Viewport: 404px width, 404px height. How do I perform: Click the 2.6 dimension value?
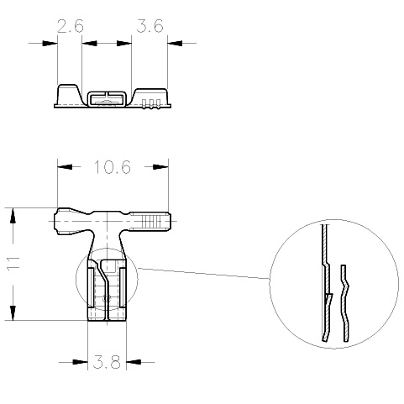click(71, 26)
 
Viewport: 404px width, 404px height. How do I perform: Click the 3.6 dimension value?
click(150, 26)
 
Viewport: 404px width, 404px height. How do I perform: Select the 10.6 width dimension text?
click(113, 167)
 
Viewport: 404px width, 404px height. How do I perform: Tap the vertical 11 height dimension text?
click(13, 263)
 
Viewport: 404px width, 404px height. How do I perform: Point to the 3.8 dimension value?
click(107, 362)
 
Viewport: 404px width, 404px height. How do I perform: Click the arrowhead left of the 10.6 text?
click(65, 167)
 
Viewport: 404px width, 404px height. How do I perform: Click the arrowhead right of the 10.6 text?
click(160, 167)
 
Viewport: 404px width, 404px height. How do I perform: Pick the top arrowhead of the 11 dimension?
click(13, 216)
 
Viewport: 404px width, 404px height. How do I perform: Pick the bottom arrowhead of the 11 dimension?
click(13, 312)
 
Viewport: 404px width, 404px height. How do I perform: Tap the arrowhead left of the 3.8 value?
click(81, 362)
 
